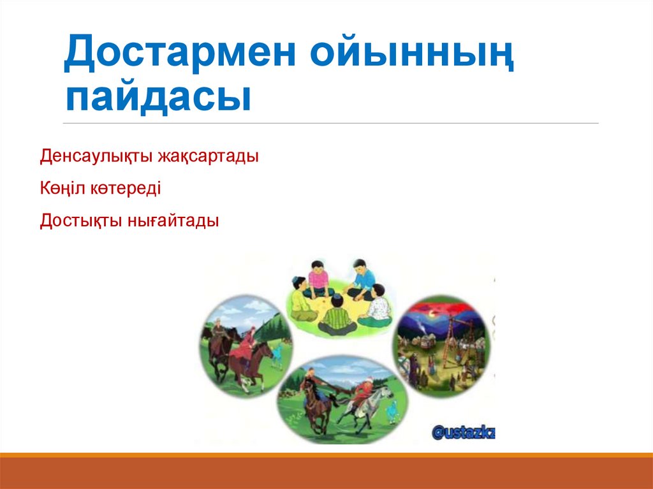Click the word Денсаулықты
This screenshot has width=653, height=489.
point(95,156)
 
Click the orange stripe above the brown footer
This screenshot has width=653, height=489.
point(326,455)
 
